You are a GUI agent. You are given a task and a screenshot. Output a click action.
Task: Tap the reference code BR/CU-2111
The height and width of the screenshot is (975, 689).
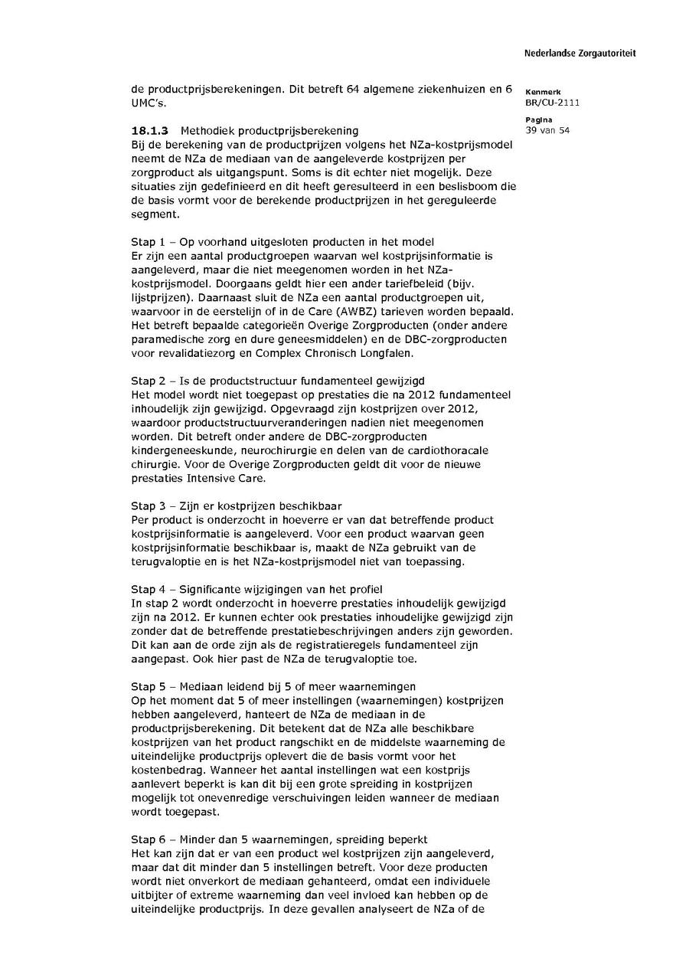(x=552, y=103)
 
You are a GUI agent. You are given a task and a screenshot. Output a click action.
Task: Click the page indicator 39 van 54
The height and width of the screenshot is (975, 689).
(x=547, y=130)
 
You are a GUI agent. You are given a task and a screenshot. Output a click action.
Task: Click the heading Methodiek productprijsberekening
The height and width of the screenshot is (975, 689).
(x=269, y=131)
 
